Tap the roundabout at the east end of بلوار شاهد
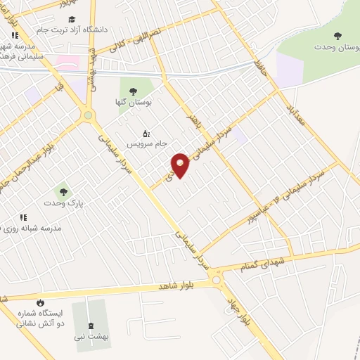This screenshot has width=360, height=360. [x=218, y=281]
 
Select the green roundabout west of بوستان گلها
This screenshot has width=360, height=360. [x=88, y=115]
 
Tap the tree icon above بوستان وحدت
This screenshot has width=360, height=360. [x=338, y=35]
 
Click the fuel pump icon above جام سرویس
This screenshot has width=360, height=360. [x=146, y=133]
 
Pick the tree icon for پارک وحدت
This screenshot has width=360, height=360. [x=63, y=191]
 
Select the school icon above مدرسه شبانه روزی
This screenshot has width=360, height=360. [x=23, y=218]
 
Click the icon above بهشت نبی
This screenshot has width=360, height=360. [x=89, y=326]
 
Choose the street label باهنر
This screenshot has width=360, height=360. [x=193, y=120]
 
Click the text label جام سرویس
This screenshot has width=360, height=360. [x=147, y=144]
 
